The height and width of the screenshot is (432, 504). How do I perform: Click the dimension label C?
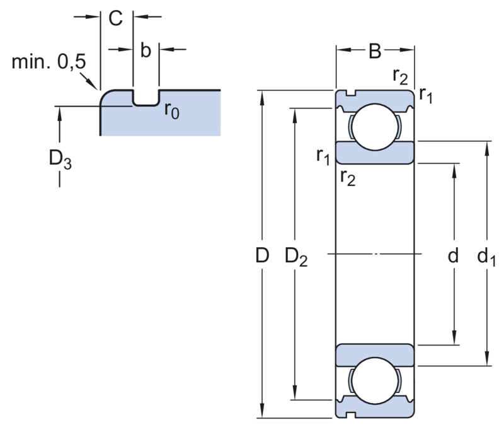(115, 18)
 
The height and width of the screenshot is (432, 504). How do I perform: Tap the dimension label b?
(146, 50)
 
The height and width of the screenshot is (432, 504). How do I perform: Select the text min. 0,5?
(49, 61)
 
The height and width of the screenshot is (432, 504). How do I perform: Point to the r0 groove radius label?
(172, 110)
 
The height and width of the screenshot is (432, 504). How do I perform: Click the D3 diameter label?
(60, 160)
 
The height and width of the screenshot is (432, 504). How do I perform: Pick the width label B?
(375, 51)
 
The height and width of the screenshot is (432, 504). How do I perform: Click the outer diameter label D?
(262, 255)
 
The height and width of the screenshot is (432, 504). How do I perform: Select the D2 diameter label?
(296, 258)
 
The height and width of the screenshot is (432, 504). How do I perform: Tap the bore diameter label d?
(453, 255)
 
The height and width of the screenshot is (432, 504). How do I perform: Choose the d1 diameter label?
(486, 258)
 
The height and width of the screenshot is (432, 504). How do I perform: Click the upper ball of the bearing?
(375, 127)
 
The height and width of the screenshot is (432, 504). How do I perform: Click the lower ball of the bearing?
(375, 380)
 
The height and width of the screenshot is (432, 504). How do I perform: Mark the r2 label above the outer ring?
(400, 76)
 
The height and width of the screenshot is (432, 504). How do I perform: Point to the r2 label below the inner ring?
(348, 178)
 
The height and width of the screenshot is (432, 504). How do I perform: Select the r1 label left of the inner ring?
(323, 157)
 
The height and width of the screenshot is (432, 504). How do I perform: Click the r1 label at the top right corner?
(427, 95)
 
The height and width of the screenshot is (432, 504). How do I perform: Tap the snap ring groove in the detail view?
(146, 98)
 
